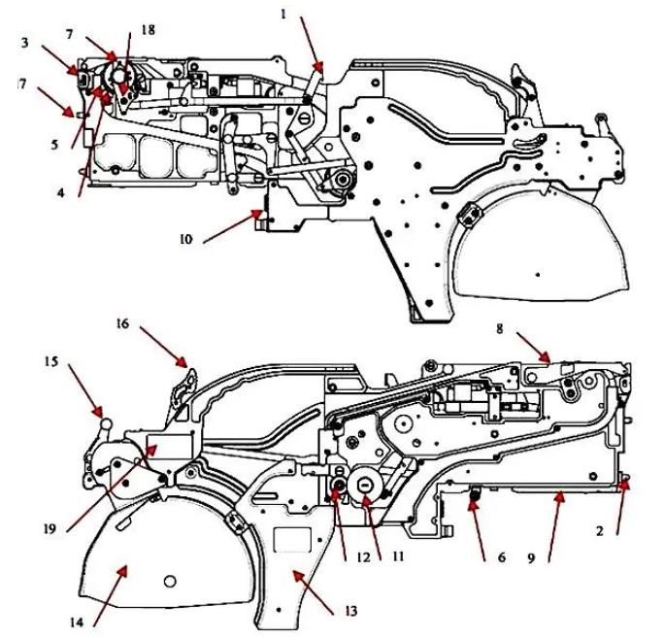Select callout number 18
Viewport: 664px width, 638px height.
(x=148, y=31)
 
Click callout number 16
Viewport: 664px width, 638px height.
(x=123, y=322)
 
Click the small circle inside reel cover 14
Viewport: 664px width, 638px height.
(x=171, y=581)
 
